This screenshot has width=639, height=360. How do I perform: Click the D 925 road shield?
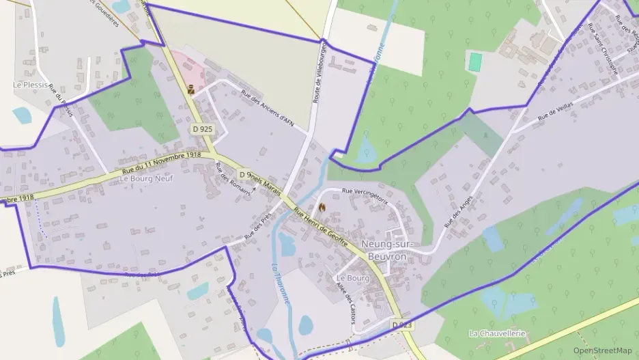click(202, 128)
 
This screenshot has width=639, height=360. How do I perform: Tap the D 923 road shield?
click(403, 324)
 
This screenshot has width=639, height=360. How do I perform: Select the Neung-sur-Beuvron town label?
click(387, 250)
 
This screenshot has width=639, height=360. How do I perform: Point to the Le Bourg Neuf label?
click(147, 178)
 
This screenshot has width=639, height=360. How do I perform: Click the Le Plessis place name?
click(30, 85)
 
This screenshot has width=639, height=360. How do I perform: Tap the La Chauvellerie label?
click(498, 333)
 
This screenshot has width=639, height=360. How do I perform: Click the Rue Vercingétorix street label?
click(365, 196)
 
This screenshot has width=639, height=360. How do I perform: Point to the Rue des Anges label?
click(459, 211)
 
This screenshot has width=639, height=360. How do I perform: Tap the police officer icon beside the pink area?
click(191, 88)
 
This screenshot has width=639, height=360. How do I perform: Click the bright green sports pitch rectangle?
click(475, 61)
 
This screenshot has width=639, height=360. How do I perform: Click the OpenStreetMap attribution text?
click(602, 350)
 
